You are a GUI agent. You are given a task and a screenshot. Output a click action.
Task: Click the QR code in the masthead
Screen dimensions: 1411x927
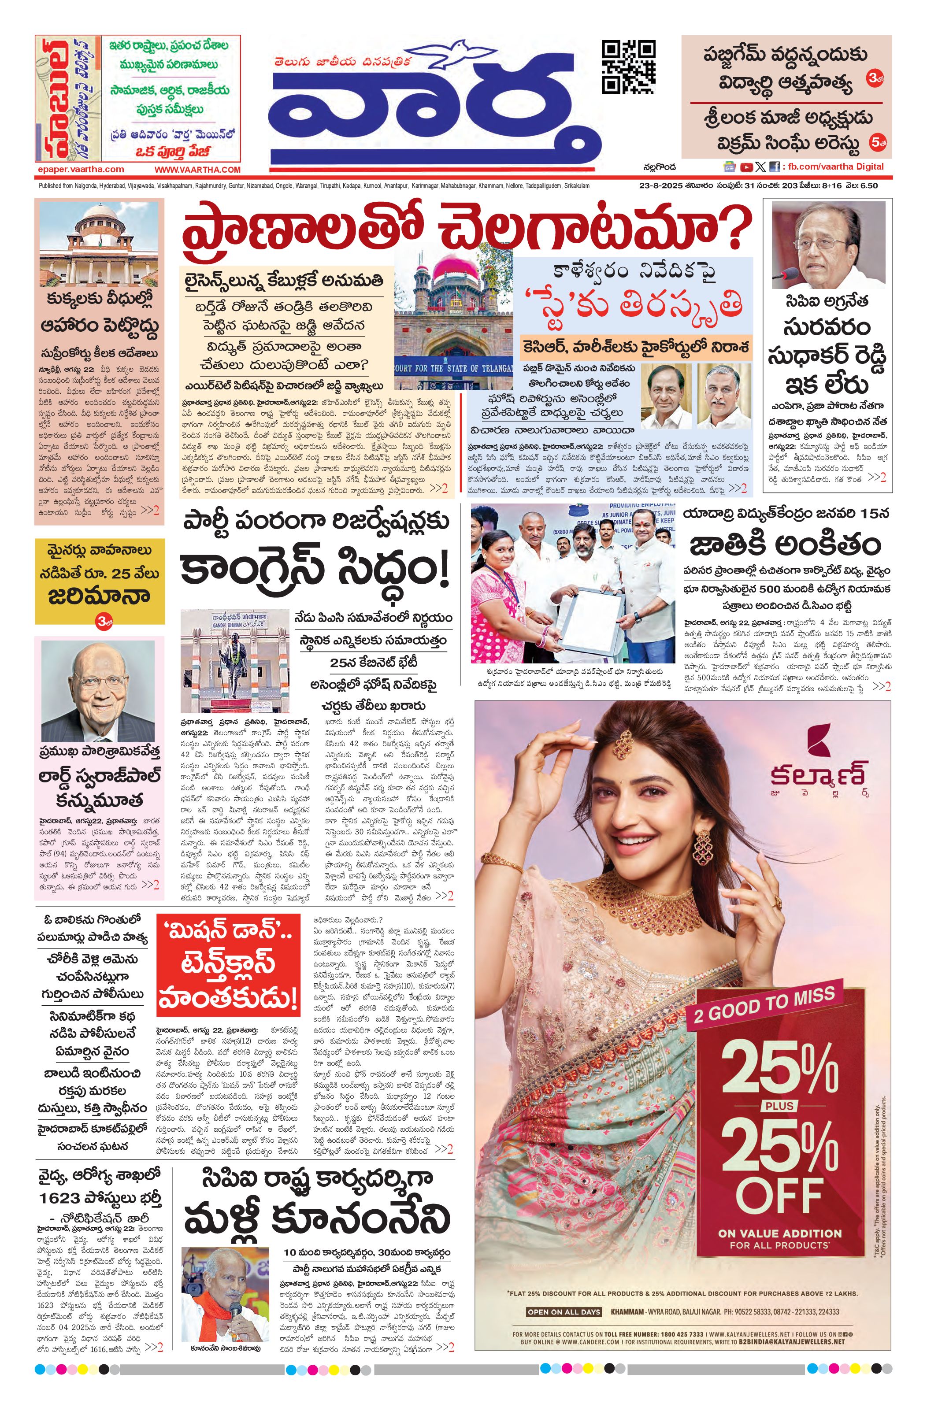point(628,67)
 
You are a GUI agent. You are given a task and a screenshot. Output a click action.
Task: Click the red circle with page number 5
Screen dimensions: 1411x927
point(877,142)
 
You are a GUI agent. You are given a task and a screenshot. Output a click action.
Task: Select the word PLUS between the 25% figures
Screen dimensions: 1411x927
point(779,1106)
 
